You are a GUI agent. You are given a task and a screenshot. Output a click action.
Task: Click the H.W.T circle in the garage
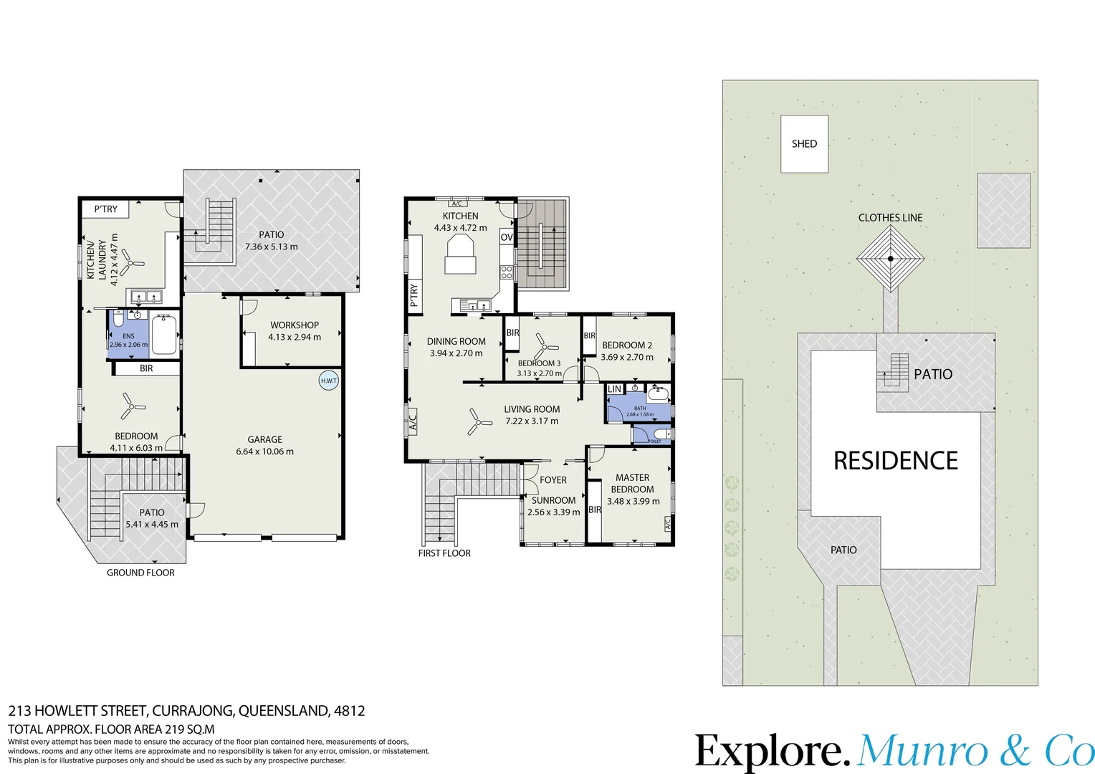pyautogui.click(x=328, y=381)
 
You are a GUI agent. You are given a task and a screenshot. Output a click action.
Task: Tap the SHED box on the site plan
pyautogui.click(x=804, y=144)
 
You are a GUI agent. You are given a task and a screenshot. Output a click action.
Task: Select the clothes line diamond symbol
pyautogui.click(x=890, y=259)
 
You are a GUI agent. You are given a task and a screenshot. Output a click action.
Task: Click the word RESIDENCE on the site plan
pyautogui.click(x=895, y=461)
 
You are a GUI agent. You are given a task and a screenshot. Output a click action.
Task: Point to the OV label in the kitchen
pyautogui.click(x=507, y=237)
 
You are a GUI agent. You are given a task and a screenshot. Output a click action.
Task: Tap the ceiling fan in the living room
pyautogui.click(x=477, y=421)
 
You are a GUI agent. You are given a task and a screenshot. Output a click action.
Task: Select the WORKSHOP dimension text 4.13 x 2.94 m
pyautogui.click(x=295, y=337)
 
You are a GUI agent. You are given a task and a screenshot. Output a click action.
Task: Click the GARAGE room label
pyautogui.click(x=264, y=439)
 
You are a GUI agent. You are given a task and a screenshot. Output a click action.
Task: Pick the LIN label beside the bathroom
pyautogui.click(x=614, y=389)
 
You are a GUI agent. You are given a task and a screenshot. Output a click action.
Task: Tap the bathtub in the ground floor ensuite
pyautogui.click(x=164, y=335)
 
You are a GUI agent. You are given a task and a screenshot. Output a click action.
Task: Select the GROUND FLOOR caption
pyautogui.click(x=140, y=573)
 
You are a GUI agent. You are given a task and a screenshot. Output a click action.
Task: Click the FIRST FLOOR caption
pyautogui.click(x=444, y=553)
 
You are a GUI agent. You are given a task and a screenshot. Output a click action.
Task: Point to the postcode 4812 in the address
pyautogui.click(x=349, y=711)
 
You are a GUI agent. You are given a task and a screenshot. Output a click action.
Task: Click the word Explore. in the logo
pyautogui.click(x=773, y=752)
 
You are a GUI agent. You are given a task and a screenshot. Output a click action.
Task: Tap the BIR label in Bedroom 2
pyautogui.click(x=589, y=335)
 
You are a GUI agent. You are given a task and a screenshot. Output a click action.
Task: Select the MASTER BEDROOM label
pyautogui.click(x=632, y=483)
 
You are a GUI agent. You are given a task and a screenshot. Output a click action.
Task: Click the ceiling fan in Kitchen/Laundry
pyautogui.click(x=130, y=262)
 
